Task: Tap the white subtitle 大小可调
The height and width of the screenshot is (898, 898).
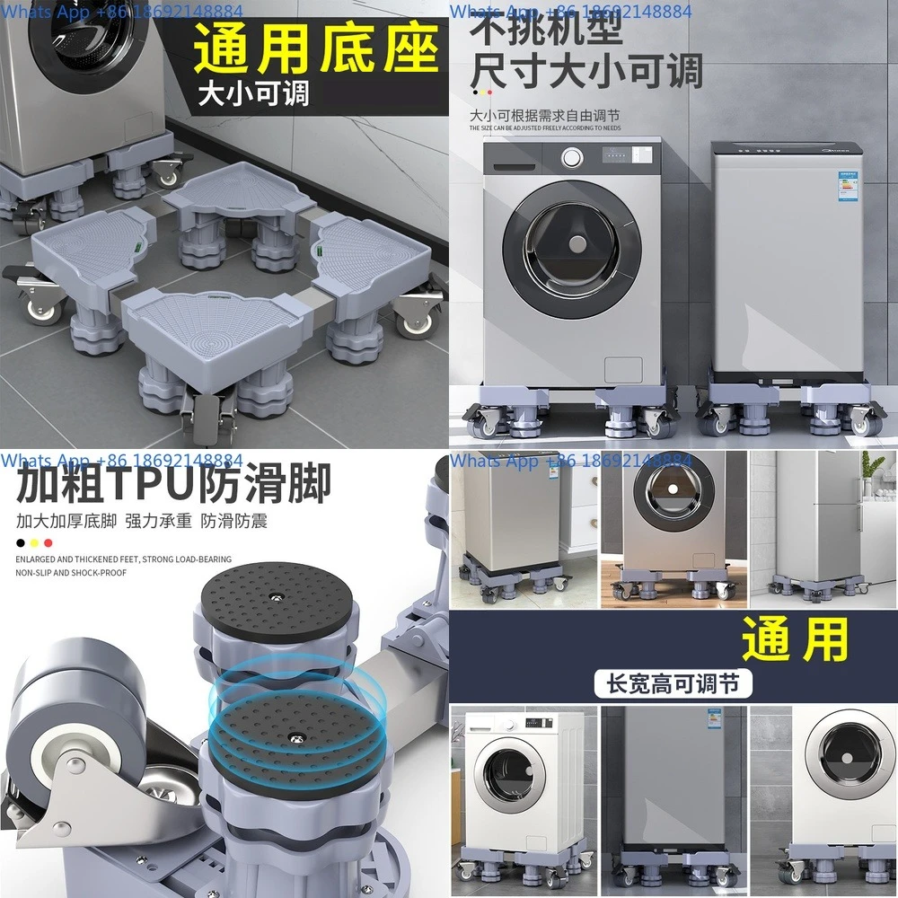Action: tap(254, 92)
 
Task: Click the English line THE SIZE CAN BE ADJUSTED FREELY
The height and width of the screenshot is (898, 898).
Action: tap(545, 128)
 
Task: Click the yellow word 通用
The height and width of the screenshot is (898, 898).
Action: tap(796, 640)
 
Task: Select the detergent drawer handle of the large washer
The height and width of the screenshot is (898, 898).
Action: tap(520, 169)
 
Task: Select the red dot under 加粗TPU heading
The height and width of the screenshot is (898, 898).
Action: tap(48, 542)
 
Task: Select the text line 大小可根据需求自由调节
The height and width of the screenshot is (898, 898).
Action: tap(545, 116)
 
